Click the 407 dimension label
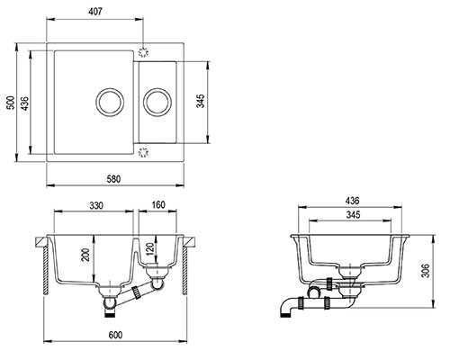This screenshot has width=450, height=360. point(96,12)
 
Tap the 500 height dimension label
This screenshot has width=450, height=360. point(11,103)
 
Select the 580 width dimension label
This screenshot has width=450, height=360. point(113,179)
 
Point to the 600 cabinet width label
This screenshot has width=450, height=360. point(115,335)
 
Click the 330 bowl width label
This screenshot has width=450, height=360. point(96,205)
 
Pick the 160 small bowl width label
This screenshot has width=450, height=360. point(158,204)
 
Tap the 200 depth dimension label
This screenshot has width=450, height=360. point(86,255)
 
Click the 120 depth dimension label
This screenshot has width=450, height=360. point(150,248)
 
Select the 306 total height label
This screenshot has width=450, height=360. point(426,271)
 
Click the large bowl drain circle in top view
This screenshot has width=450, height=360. point(110,102)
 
